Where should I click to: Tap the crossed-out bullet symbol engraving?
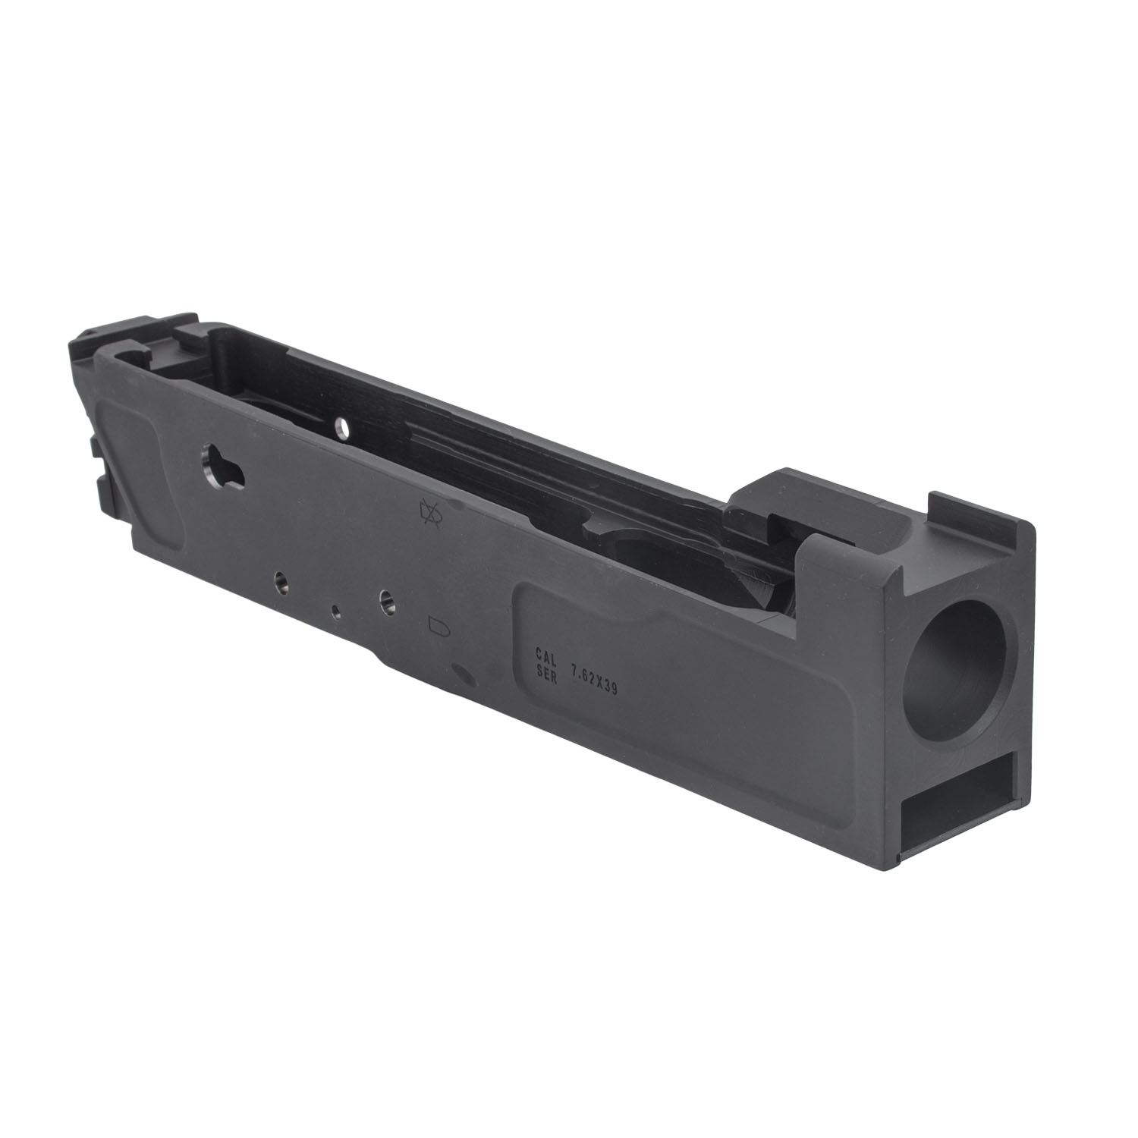(429, 515)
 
